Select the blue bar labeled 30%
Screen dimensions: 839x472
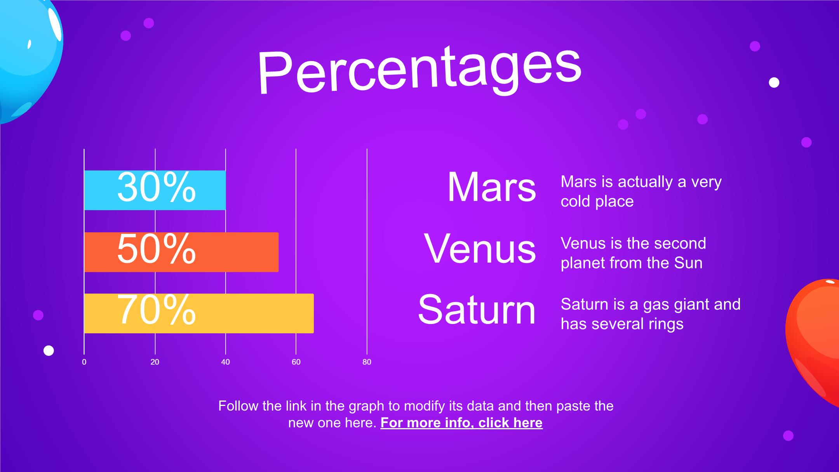[155, 190]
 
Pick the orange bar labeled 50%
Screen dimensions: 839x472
[181, 252]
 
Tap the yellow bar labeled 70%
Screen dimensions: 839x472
[199, 314]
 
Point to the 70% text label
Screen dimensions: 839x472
[157, 310]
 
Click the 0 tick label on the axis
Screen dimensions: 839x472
[84, 362]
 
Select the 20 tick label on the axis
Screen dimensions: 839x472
[155, 362]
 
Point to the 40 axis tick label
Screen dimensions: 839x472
[225, 362]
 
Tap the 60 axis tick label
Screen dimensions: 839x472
[296, 362]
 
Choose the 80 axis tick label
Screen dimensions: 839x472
[367, 362]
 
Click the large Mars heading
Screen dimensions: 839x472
[492, 187]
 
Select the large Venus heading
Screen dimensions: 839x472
[480, 249]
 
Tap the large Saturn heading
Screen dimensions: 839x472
[477, 310]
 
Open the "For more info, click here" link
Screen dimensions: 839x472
[461, 423]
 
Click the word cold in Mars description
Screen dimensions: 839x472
[576, 201]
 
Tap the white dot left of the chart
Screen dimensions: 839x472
[49, 351]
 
